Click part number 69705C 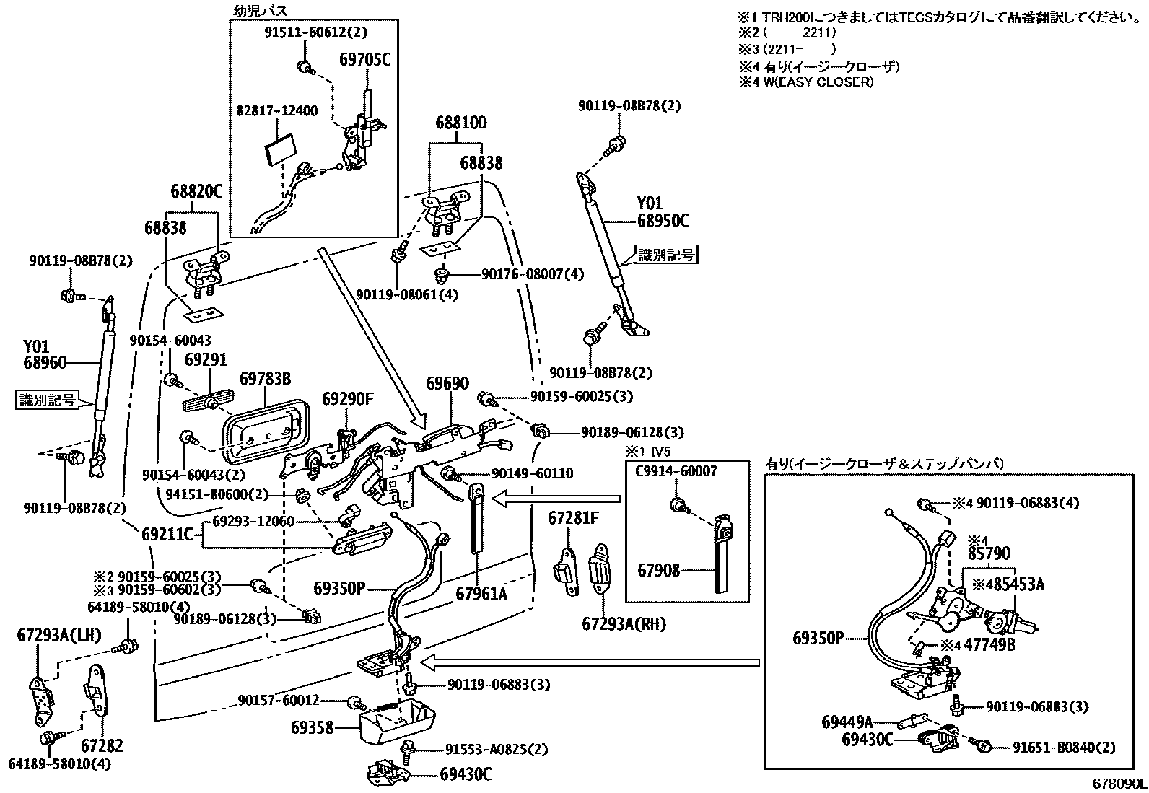364,59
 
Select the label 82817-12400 277,111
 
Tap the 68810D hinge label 460,123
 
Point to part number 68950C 663,222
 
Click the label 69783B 265,379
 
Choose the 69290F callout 348,399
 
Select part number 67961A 481,593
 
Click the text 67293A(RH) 624,623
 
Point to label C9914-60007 676,471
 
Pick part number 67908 658,571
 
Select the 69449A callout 847,722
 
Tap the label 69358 313,728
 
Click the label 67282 102,746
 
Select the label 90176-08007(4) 533,275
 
